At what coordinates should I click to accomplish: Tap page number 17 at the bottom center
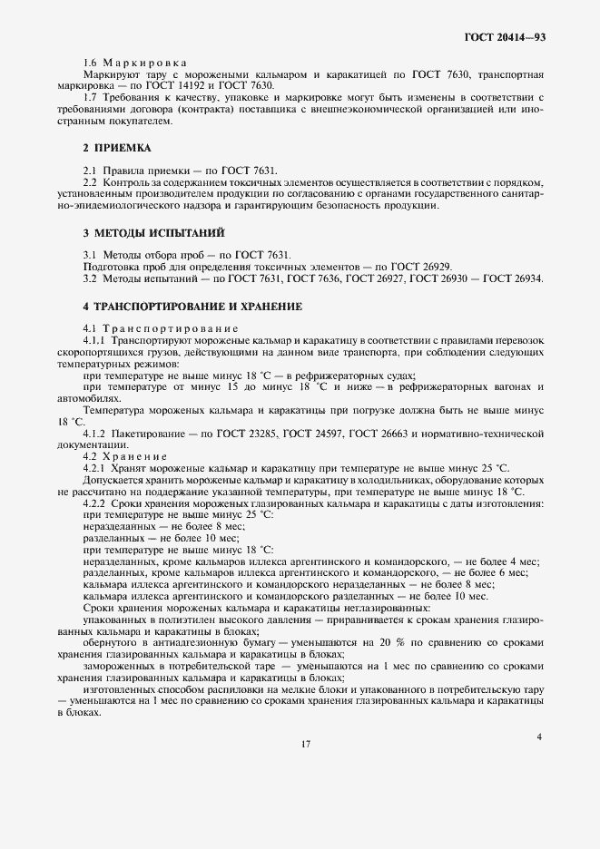click(306, 744)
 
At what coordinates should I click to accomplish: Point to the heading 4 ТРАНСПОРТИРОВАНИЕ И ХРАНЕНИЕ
click(192, 306)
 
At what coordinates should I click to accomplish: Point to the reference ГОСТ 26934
click(514, 278)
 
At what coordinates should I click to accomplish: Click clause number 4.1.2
click(98, 434)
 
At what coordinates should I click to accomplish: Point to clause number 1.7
click(91, 97)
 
